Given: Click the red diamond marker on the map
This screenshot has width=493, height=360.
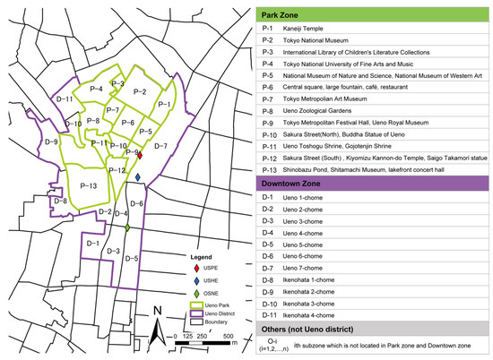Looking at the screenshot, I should point(140,157).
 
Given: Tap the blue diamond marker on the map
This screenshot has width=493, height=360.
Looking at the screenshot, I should point(138,178).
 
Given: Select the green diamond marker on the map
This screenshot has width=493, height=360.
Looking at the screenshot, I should point(128,228).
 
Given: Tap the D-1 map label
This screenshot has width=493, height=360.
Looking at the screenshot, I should point(91,244).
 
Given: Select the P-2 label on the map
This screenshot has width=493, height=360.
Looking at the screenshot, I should point(139,91).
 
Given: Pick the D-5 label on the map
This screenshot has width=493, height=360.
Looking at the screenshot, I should point(131,259).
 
